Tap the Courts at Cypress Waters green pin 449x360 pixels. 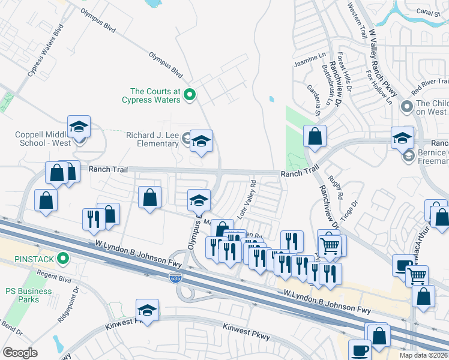(190, 94)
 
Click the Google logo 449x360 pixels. (20, 352)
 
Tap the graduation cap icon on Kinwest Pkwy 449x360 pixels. (147, 311)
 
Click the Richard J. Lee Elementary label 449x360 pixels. (153, 140)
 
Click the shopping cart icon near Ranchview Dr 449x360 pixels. (330, 245)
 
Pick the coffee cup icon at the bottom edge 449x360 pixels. (360, 350)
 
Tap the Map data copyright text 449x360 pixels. (423, 355)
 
